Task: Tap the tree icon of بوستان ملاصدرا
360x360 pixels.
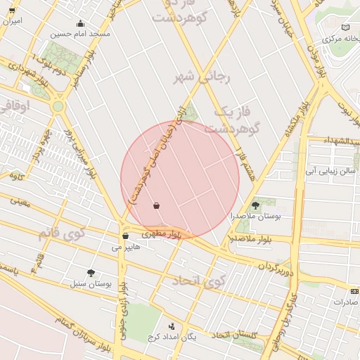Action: (x=255, y=205)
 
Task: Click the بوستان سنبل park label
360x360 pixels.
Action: (x=92, y=284)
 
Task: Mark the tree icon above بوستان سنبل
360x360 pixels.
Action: (x=91, y=272)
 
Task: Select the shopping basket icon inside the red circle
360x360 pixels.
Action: (x=156, y=206)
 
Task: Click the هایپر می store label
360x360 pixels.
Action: (x=126, y=247)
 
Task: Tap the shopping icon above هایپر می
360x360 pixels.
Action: (x=125, y=236)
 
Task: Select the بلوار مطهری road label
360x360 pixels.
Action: (x=162, y=233)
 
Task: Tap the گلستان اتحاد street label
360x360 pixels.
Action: (x=235, y=334)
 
